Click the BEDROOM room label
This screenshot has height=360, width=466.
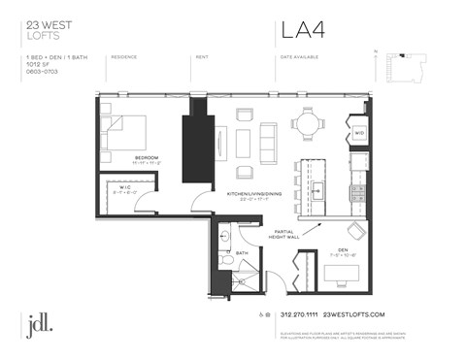point(147,156)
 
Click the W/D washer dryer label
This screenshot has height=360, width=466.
point(358,132)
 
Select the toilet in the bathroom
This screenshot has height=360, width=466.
point(225,259)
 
